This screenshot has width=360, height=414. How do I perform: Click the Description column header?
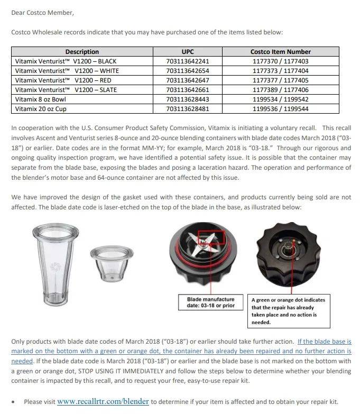click(82, 52)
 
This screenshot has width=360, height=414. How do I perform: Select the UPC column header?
click(188, 52)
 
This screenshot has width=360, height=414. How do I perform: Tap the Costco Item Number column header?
click(280, 52)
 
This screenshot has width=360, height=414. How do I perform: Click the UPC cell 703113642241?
click(188, 61)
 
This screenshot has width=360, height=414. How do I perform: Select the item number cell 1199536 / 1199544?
click(280, 109)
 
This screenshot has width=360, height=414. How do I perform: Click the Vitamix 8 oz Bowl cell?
click(41, 99)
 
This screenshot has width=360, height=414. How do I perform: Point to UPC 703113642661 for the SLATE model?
click(188, 90)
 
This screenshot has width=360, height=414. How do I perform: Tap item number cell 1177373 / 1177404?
click(280, 71)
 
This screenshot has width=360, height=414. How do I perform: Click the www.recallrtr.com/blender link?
click(103, 402)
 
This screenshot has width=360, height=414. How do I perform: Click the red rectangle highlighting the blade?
click(211, 238)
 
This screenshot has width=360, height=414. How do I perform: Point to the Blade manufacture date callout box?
click(211, 303)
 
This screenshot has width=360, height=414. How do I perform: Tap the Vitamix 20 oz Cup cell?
click(41, 109)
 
